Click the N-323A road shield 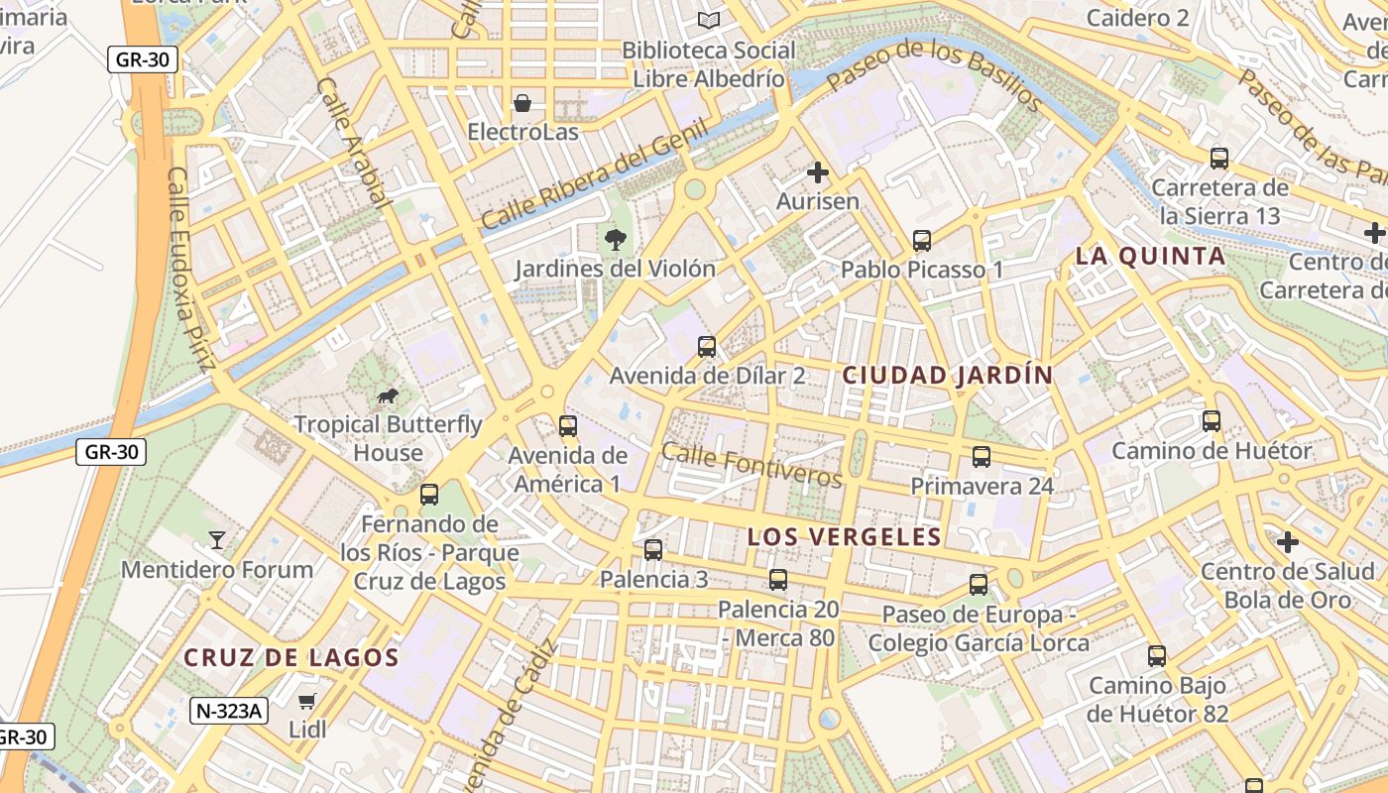pyautogui.click(x=229, y=710)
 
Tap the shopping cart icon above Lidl pyautogui.click(x=307, y=701)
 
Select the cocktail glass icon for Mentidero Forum pyautogui.click(x=217, y=540)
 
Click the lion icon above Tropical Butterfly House pyautogui.click(x=387, y=397)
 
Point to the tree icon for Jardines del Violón pyautogui.click(x=615, y=239)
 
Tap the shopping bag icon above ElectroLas pyautogui.click(x=522, y=103)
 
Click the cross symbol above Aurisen pyautogui.click(x=818, y=173)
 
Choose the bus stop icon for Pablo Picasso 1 pyautogui.click(x=922, y=241)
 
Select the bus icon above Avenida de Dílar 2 pyautogui.click(x=707, y=347)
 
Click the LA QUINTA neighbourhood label pyautogui.click(x=1150, y=257)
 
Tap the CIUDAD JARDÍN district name pyautogui.click(x=947, y=376)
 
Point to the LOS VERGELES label pyautogui.click(x=844, y=537)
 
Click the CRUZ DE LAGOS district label pyautogui.click(x=291, y=657)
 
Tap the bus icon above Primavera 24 pyautogui.click(x=982, y=457)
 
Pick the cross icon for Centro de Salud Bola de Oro pyautogui.click(x=1288, y=542)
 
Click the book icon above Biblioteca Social pyautogui.click(x=709, y=21)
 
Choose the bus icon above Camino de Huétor pyautogui.click(x=1212, y=421)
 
